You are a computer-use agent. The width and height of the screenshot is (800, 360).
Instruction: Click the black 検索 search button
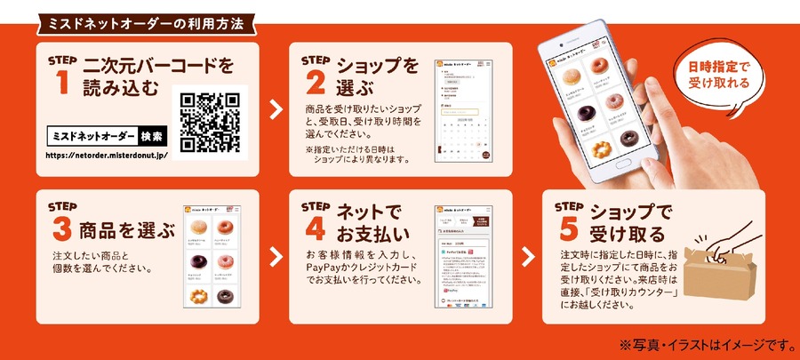(152, 137)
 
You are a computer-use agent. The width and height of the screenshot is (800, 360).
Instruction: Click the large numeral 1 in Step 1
(61, 83)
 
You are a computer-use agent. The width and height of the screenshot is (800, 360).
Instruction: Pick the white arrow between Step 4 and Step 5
(527, 256)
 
